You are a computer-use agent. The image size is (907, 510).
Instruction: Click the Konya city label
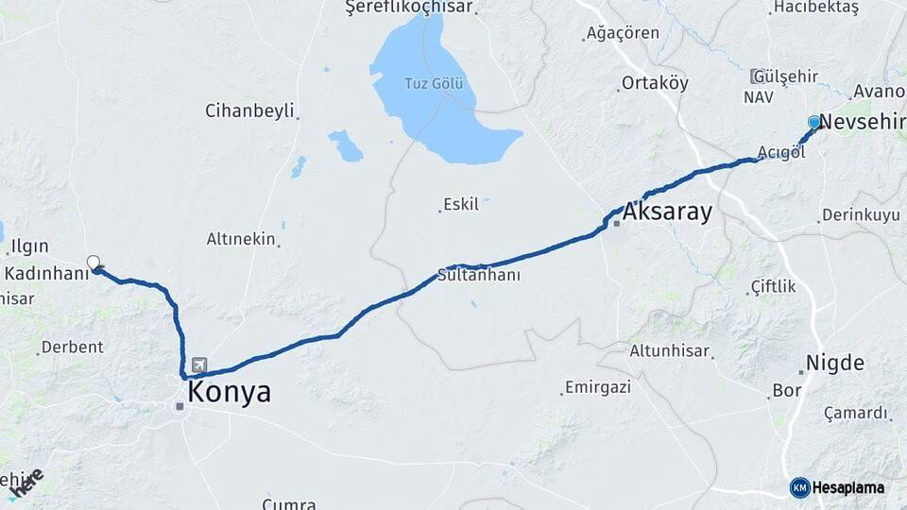tap(229, 393)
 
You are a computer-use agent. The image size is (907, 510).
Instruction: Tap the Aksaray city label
tap(666, 212)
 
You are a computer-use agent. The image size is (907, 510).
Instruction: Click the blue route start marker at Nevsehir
tap(814, 122)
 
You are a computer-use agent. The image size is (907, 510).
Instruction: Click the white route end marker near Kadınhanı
tap(93, 263)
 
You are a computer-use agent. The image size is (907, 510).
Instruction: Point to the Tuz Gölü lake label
tap(434, 83)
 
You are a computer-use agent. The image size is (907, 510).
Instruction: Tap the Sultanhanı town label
tap(479, 276)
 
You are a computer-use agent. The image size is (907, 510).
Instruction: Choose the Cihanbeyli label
tap(249, 110)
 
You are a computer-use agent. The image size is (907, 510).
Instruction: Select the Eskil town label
tap(462, 204)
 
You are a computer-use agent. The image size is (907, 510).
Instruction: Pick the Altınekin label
tap(241, 240)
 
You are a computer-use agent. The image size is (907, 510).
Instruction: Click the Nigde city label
tap(834, 364)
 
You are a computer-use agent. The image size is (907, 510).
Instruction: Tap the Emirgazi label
tap(595, 387)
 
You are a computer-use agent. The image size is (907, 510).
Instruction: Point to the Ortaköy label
tap(655, 83)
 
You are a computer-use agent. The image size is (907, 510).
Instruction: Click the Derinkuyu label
tap(860, 215)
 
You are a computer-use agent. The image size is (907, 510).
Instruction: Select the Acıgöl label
tap(780, 153)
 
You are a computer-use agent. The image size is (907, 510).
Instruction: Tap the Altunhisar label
tap(669, 350)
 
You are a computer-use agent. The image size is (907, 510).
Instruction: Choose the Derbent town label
tap(73, 347)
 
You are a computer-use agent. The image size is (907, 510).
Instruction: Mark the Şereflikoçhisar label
tap(409, 8)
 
